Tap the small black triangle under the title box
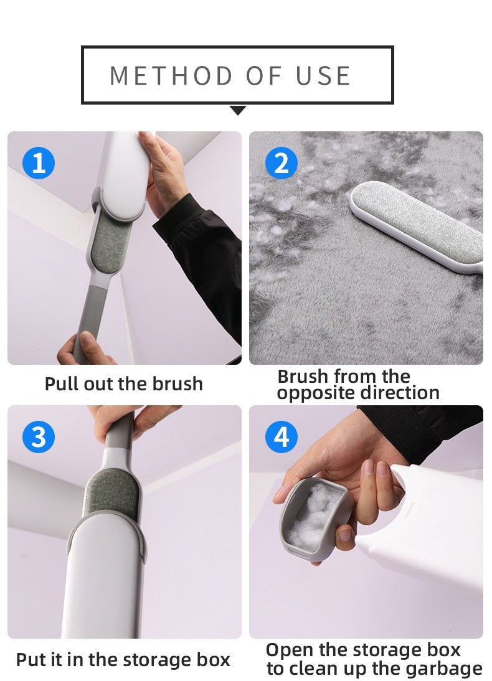point(238,110)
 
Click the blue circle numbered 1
point(39,163)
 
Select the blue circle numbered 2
point(281,163)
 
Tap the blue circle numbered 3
point(39,437)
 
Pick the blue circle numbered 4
point(281,437)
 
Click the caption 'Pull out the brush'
point(123,383)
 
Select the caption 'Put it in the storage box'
point(123,660)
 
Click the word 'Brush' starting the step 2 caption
point(303,377)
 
